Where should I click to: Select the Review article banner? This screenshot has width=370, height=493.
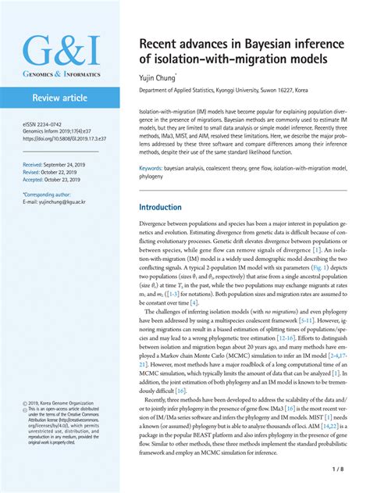[61, 98]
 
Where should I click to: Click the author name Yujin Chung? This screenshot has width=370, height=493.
[159, 78]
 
